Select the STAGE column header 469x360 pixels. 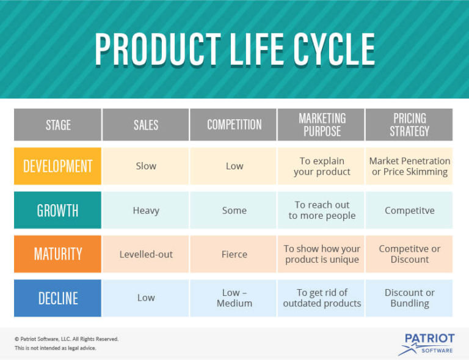pyautogui.click(x=58, y=125)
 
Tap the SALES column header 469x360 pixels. pyautogui.click(x=146, y=125)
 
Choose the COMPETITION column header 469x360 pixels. pyautogui.click(x=234, y=125)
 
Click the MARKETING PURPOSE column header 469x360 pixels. pyautogui.click(x=322, y=125)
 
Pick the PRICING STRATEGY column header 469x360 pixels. pyautogui.click(x=409, y=125)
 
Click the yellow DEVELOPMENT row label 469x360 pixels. pyautogui.click(x=58, y=166)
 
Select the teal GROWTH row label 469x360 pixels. pyautogui.click(x=58, y=210)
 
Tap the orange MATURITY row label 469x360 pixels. pyautogui.click(x=58, y=254)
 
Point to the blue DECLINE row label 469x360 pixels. pyautogui.click(x=58, y=298)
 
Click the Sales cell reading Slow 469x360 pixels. pyautogui.click(x=146, y=166)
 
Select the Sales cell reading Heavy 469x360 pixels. pyautogui.click(x=146, y=210)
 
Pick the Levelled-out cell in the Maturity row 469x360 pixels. pyautogui.click(x=146, y=254)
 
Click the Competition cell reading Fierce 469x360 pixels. pyautogui.click(x=234, y=254)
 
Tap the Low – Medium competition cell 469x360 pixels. pyautogui.click(x=234, y=298)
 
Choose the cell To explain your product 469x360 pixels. pyautogui.click(x=322, y=166)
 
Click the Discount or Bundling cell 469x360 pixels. pyautogui.click(x=409, y=298)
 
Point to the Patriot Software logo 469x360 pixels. pyautogui.click(x=427, y=343)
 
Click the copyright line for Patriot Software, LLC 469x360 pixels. pyautogui.click(x=67, y=339)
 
